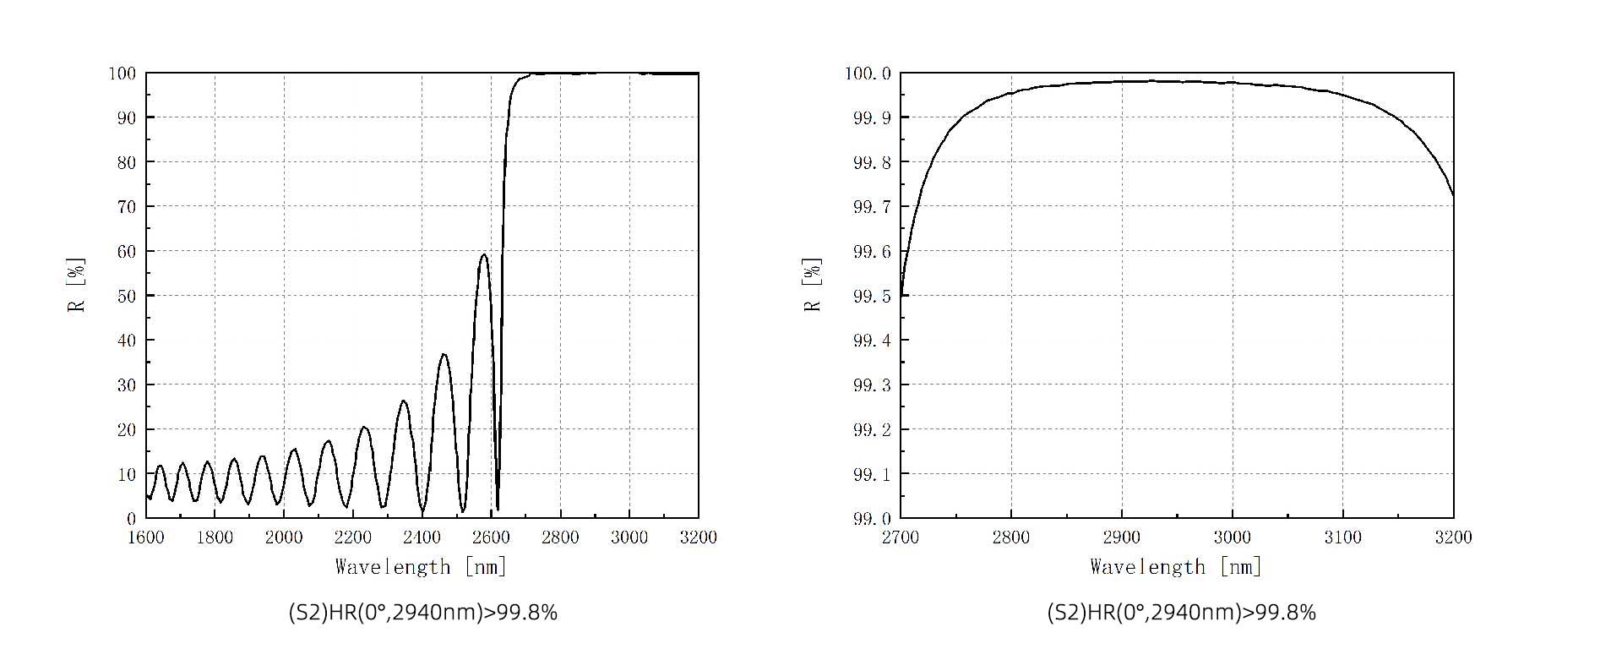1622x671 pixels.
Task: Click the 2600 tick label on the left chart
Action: coord(491,537)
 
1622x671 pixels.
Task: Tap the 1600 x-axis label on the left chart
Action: coord(146,537)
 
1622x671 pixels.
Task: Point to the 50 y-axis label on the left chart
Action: coord(125,296)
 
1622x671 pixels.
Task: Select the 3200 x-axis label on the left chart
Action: coord(698,537)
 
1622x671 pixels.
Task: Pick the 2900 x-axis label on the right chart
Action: coord(1121,537)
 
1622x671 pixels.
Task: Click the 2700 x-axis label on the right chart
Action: coord(901,537)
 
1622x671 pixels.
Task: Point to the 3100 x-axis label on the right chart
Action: coord(1342,537)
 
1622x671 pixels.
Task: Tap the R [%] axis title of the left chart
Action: coord(77,285)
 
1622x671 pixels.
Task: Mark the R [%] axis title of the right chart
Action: coord(814,285)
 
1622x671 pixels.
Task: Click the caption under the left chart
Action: coord(422,613)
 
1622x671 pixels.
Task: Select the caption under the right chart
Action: coord(1181,613)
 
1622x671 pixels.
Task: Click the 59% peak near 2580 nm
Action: coord(484,254)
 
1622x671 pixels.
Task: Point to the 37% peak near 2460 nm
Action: coord(444,354)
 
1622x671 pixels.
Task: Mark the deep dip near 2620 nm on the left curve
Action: coord(498,509)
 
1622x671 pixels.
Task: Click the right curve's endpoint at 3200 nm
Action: coord(1453,196)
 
